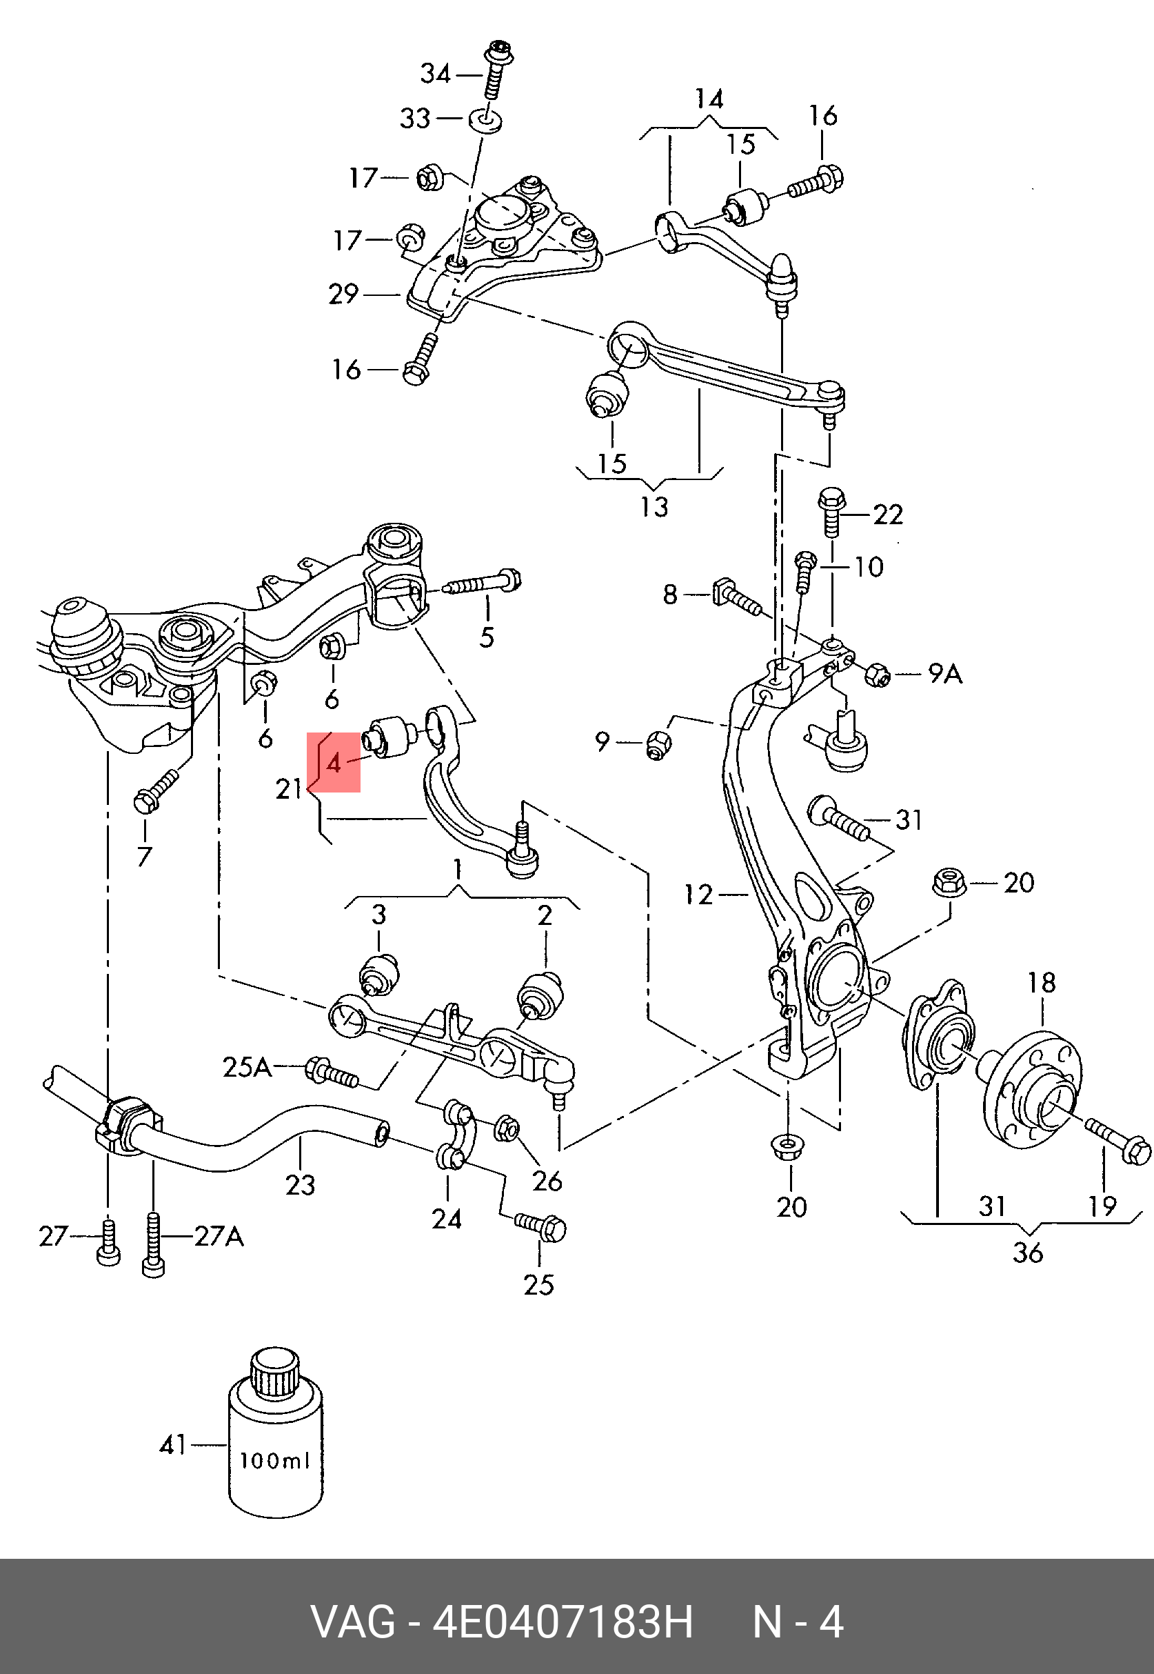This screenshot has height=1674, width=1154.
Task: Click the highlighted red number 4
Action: click(334, 762)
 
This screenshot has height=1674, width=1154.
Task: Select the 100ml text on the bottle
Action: click(275, 1461)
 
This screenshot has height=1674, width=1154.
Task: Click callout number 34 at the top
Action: click(436, 73)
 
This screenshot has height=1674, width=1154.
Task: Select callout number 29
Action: click(343, 294)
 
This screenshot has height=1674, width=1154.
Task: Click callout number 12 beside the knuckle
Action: click(699, 895)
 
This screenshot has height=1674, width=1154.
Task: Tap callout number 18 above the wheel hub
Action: click(1042, 982)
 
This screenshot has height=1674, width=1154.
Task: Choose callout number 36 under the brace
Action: click(1027, 1253)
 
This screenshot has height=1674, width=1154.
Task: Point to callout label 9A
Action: click(946, 675)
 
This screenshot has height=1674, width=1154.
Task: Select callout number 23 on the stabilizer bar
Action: click(300, 1185)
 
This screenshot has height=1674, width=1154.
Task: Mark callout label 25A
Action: click(247, 1067)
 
